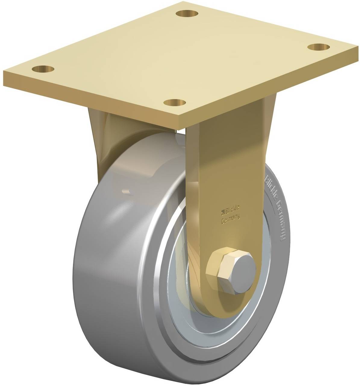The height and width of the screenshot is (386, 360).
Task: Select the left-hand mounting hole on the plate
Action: pos(43,68)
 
